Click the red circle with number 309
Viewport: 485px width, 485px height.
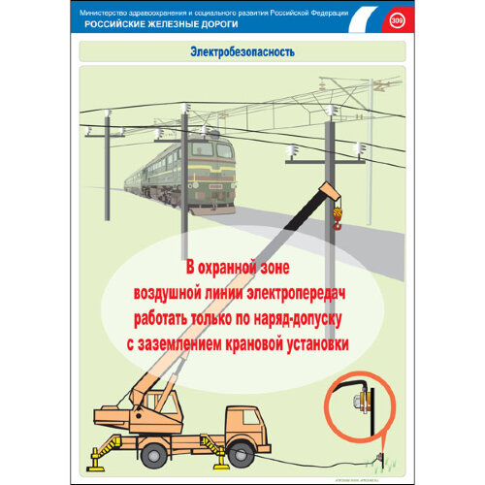click(396, 19)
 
